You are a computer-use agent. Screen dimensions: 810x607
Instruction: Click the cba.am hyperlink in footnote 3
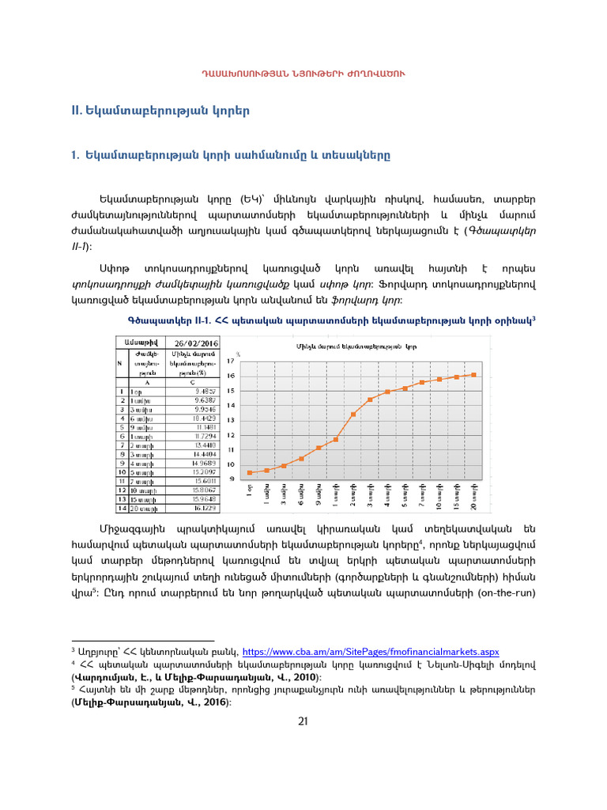pyautogui.click(x=370, y=650)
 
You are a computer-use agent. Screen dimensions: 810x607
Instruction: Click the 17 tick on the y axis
pyautogui.click(x=231, y=361)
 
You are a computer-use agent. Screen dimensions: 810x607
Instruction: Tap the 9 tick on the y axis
pyautogui.click(x=232, y=479)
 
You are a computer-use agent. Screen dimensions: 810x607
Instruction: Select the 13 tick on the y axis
pyautogui.click(x=231, y=420)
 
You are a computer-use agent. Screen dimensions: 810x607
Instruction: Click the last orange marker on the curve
pyautogui.click(x=474, y=375)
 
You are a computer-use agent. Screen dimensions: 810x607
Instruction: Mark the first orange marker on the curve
pyautogui.click(x=250, y=472)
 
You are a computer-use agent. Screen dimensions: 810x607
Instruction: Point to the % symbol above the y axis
pyautogui.click(x=238, y=354)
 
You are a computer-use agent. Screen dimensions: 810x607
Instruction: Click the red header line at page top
pyautogui.click(x=303, y=74)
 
